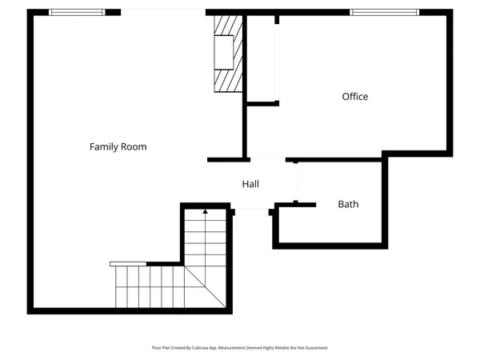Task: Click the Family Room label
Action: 118,147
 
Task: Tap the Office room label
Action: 355,97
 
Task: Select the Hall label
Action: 250,185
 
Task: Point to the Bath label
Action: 348,205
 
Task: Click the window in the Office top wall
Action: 384,12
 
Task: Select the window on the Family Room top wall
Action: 77,12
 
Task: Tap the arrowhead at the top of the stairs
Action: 205,211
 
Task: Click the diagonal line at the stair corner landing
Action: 204,285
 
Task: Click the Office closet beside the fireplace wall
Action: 261,60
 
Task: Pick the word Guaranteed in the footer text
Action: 313,348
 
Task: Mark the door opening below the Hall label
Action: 252,211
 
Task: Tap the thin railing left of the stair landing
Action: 128,263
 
